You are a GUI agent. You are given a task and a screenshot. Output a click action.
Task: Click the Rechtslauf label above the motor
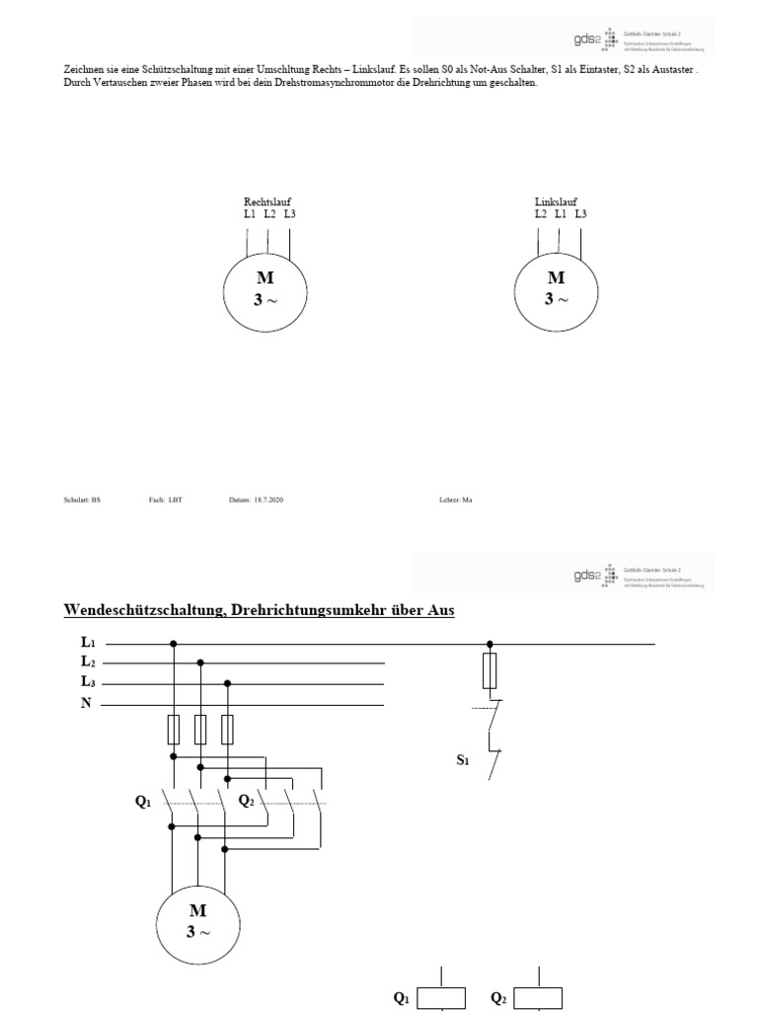coord(267,201)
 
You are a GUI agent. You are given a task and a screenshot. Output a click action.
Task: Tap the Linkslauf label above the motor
coord(556,201)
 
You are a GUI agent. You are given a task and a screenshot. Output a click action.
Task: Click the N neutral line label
coord(87,704)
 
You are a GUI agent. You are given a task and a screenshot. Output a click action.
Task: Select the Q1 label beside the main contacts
coord(144,802)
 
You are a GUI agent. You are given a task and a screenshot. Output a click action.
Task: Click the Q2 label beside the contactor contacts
coord(246,801)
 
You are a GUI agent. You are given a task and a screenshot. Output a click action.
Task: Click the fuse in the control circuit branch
coord(490,674)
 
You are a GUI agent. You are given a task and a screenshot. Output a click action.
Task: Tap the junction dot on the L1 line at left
coord(174,644)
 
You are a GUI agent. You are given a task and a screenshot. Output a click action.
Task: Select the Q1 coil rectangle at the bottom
coord(441,998)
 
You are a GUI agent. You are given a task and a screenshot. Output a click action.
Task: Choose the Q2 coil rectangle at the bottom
coord(538,998)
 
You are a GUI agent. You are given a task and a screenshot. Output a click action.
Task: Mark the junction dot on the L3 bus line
coord(228,683)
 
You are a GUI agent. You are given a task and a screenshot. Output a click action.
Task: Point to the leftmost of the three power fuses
coord(174,730)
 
